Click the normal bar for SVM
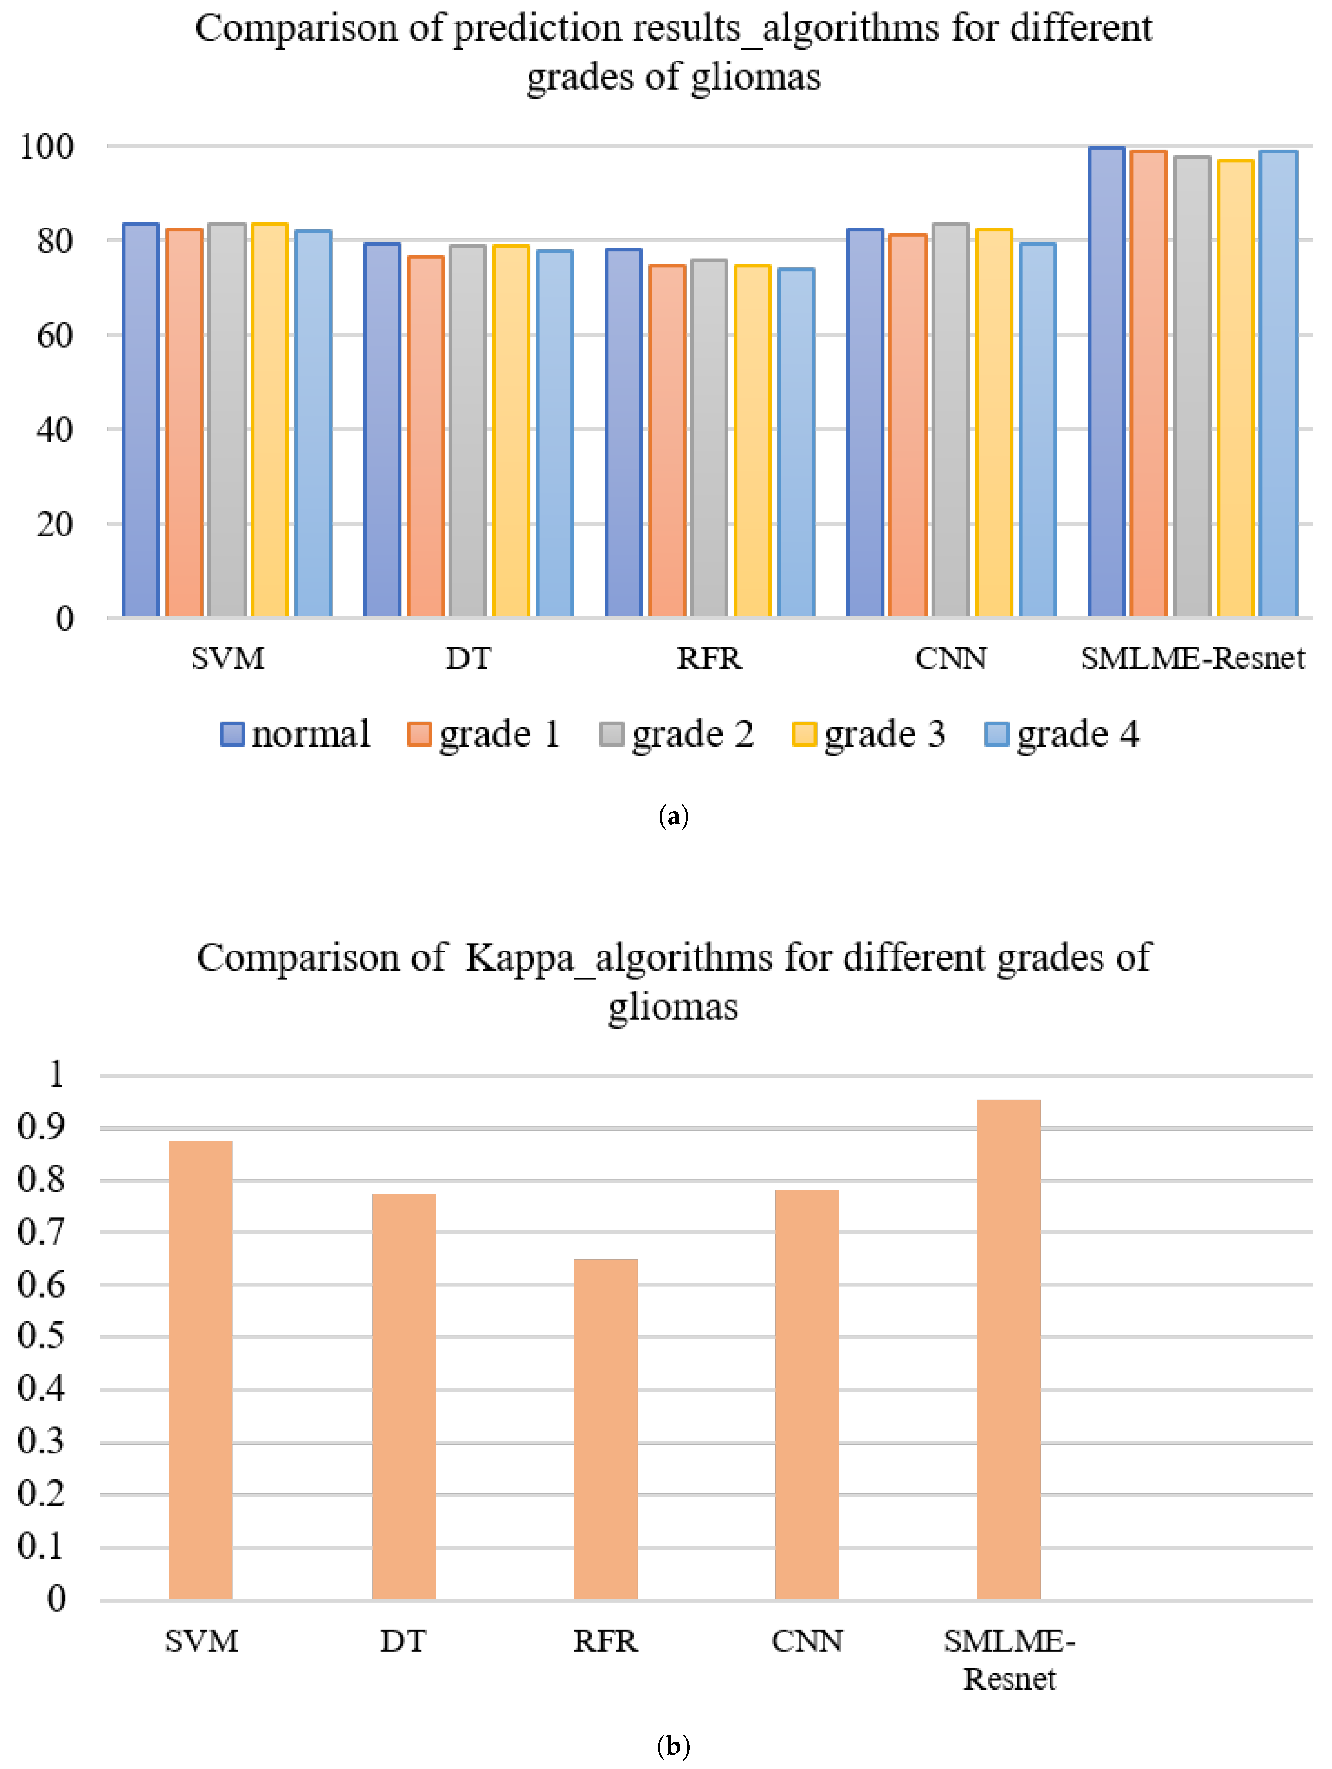[x=141, y=420]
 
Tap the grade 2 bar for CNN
[x=951, y=420]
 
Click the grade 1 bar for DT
[x=426, y=436]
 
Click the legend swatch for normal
[x=232, y=734]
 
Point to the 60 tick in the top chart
[x=54, y=335]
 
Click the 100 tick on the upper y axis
[x=47, y=146]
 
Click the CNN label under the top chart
[x=951, y=658]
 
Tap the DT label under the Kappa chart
[x=403, y=1641]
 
